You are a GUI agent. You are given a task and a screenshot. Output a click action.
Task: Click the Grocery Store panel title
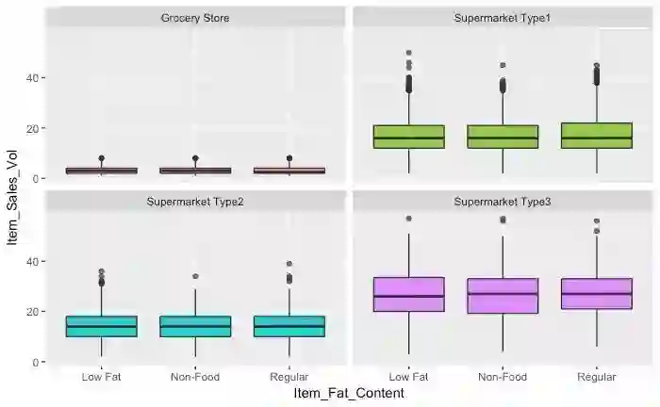195,18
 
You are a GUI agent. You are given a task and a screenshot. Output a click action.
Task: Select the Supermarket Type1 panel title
503,18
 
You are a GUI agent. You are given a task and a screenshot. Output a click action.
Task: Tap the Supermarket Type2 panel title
195,202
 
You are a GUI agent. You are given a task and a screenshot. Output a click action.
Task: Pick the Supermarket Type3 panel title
503,202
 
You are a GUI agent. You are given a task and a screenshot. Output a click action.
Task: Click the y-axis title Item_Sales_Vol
12,203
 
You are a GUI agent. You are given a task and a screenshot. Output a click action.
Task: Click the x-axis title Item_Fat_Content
349,393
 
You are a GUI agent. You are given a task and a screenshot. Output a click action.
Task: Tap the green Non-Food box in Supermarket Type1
503,137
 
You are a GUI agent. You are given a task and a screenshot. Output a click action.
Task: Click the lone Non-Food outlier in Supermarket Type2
195,276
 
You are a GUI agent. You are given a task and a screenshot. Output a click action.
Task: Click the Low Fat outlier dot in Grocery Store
101,158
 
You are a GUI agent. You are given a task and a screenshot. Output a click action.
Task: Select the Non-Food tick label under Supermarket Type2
195,377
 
